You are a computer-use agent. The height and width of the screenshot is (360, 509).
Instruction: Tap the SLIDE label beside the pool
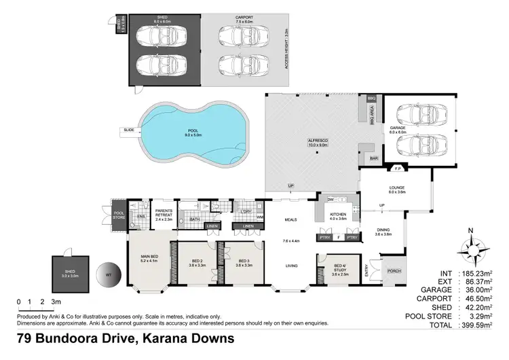pos(128,130)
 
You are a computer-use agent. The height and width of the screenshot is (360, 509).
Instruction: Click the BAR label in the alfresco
pos(373,158)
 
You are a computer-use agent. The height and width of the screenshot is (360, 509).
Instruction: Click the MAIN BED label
pos(149,257)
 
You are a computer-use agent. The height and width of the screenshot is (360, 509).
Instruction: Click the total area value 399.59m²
pos(481,325)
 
